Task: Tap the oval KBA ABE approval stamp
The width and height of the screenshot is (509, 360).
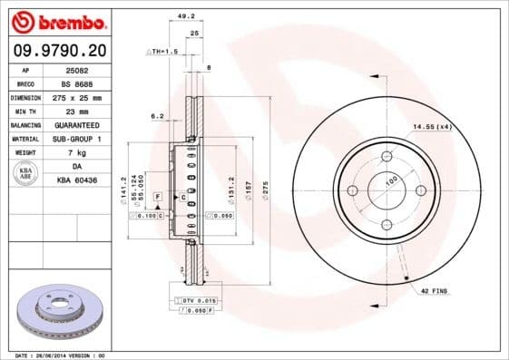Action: click(x=24, y=174)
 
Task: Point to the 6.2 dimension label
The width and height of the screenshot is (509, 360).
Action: click(x=156, y=116)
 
